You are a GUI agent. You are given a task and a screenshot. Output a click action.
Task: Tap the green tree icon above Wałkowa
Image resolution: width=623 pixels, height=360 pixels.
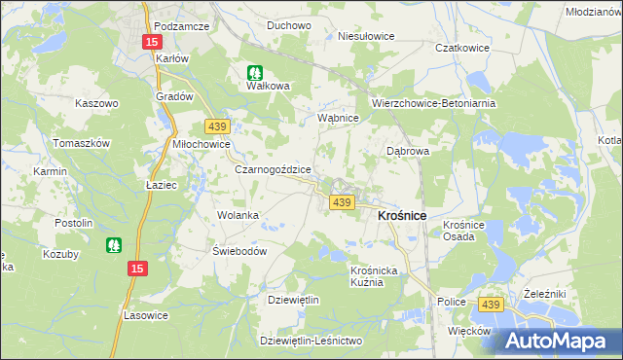pos(255,71)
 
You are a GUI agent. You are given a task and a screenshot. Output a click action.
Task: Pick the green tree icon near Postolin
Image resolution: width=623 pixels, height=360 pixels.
pos(115,245)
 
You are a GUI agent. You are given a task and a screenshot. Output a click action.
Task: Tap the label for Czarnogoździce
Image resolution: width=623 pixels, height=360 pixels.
pos(273,168)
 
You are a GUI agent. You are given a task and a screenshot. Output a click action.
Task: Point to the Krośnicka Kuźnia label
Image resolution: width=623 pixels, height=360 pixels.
pos(374,275)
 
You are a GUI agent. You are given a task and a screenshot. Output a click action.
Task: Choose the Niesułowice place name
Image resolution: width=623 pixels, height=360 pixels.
pos(365,36)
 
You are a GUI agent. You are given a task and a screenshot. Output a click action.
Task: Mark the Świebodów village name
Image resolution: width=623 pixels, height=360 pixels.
pos(239,249)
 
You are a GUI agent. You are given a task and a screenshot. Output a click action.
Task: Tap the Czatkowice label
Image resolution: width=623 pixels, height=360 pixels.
pos(461,47)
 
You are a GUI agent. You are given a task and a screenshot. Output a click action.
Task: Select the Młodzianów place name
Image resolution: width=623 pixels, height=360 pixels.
pos(593,11)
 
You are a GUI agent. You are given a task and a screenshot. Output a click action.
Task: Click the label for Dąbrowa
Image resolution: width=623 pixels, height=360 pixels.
pos(408,152)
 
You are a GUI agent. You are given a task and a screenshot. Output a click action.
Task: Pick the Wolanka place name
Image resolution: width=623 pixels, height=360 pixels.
pos(238,215)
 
